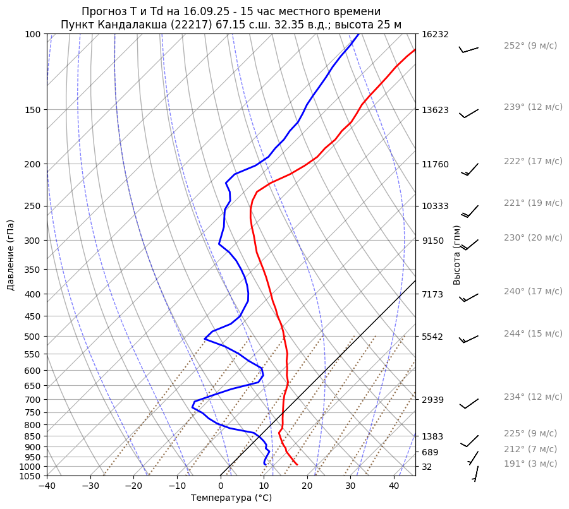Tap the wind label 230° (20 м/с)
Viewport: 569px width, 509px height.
[532, 237]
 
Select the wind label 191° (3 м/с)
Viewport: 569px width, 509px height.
[530, 464]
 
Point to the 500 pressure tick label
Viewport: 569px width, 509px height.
[33, 337]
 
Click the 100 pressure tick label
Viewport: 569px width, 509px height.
[33, 34]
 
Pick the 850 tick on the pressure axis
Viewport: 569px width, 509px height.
[33, 436]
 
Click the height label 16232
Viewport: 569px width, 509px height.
[435, 34]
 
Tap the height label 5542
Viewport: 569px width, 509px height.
[432, 337]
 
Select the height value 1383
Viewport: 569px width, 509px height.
[432, 436]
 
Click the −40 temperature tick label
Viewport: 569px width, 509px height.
[47, 486]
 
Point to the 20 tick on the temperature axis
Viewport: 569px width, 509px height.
[307, 486]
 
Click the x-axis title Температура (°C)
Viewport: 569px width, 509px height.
[231, 498]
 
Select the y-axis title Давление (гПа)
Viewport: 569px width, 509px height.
[11, 254]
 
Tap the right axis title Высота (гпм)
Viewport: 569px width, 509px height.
[457, 254]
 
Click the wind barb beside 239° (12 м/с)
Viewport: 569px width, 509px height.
[468, 113]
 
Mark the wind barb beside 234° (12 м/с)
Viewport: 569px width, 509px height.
[468, 404]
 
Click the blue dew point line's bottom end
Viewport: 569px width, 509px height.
[265, 465]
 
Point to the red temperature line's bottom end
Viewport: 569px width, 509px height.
[297, 465]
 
